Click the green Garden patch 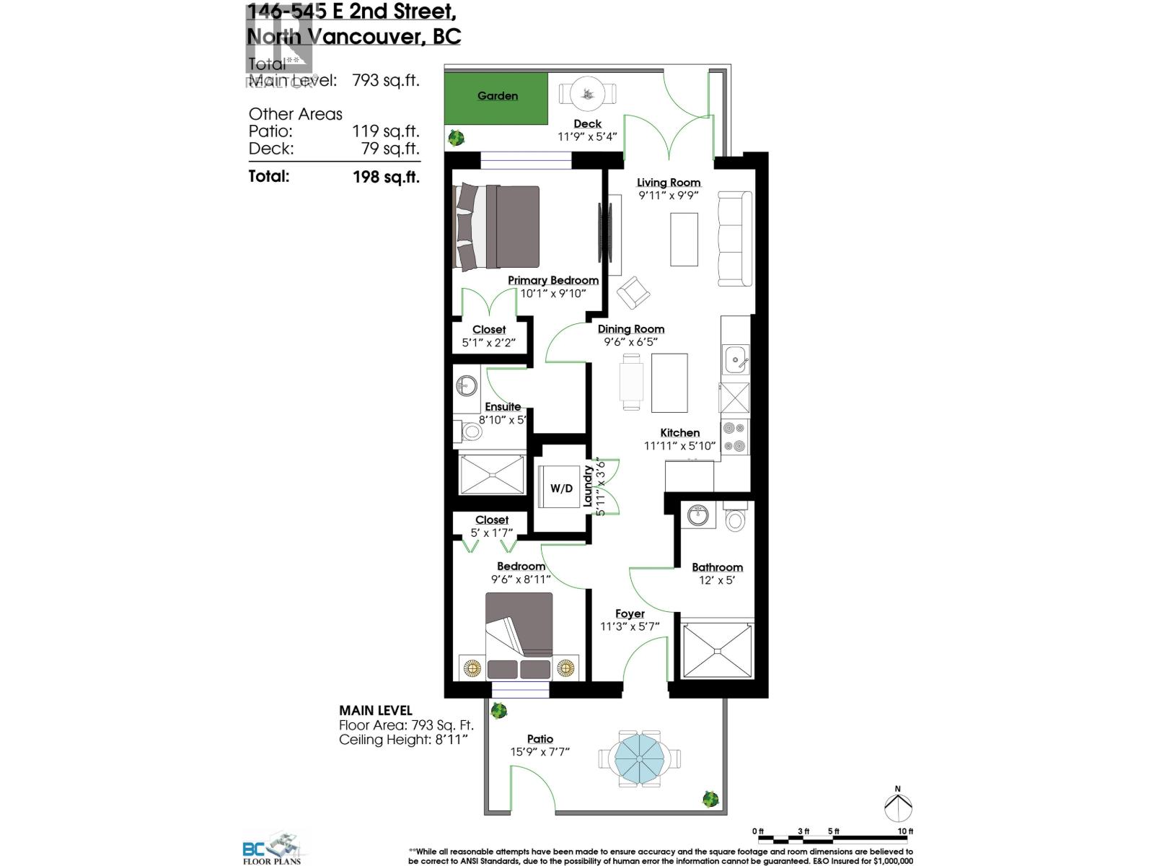click(495, 96)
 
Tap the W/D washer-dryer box click(561, 489)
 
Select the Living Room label click(669, 183)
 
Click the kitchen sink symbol click(735, 359)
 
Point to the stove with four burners click(735, 436)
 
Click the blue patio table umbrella click(639, 758)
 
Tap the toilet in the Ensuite click(471, 432)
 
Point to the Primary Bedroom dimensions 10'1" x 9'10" click(553, 294)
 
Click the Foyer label click(630, 613)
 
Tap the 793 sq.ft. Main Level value click(385, 81)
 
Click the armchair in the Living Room click(634, 292)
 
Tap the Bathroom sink click(697, 516)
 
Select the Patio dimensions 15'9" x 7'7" click(540, 752)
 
